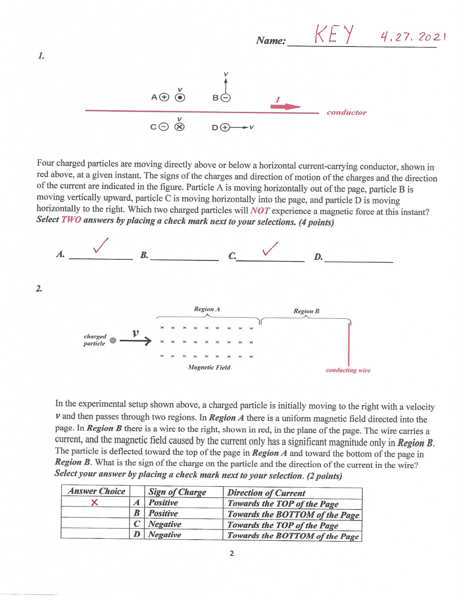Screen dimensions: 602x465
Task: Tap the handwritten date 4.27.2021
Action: click(x=413, y=37)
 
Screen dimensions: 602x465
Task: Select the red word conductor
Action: click(x=346, y=112)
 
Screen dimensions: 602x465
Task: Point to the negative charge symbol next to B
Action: click(x=226, y=98)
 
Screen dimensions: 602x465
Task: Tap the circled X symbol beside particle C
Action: click(x=179, y=127)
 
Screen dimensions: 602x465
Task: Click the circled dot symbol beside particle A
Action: click(x=180, y=98)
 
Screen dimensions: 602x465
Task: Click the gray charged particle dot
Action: click(x=113, y=340)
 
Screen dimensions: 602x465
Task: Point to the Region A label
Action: click(x=207, y=309)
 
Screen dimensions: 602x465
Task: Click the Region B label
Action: click(x=307, y=311)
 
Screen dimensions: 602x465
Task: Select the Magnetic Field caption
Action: click(x=209, y=367)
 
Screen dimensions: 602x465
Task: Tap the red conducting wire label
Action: click(x=348, y=370)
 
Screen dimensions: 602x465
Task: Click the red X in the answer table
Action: click(x=94, y=503)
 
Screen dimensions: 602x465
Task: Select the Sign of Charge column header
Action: click(x=177, y=492)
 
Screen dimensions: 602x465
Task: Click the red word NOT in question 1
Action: click(x=260, y=211)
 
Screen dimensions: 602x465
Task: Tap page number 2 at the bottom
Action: click(x=232, y=554)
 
